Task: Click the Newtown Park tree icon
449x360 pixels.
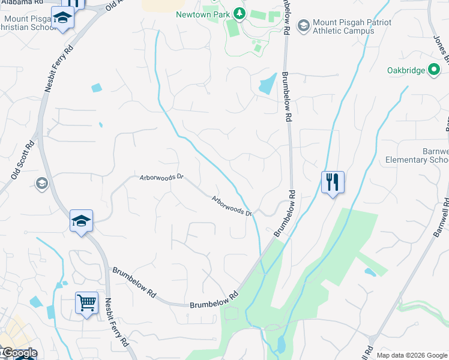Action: pos(239,13)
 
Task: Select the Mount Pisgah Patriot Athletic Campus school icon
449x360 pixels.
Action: pos(303,25)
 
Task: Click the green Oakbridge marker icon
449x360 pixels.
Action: pos(433,70)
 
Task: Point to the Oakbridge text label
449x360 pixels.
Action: pos(406,70)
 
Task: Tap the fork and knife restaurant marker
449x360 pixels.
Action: pos(333,182)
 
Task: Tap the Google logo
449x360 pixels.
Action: pos(19,353)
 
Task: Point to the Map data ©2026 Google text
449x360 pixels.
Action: pos(411,355)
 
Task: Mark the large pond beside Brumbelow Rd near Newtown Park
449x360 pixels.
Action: pos(268,85)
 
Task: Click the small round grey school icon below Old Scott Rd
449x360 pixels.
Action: pos(42,183)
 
